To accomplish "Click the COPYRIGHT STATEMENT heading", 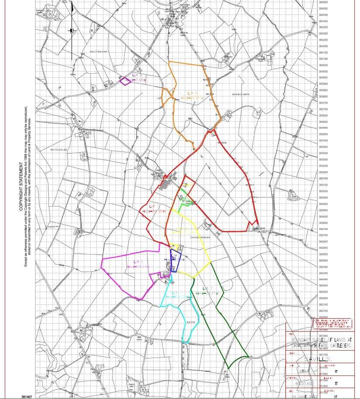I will pyautogui.click(x=21, y=187).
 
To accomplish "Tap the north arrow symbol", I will pyautogui.click(x=72, y=31).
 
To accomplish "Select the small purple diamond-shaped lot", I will pyautogui.click(x=125, y=81).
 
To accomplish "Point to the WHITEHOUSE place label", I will pyautogui.click(x=59, y=150).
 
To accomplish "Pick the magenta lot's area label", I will pyautogui.click(x=138, y=264).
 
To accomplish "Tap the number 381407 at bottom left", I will pyautogui.click(x=27, y=396).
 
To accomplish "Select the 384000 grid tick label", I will pyautogui.click(x=323, y=65).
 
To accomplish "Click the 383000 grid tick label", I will pyautogui.click(x=323, y=197).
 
